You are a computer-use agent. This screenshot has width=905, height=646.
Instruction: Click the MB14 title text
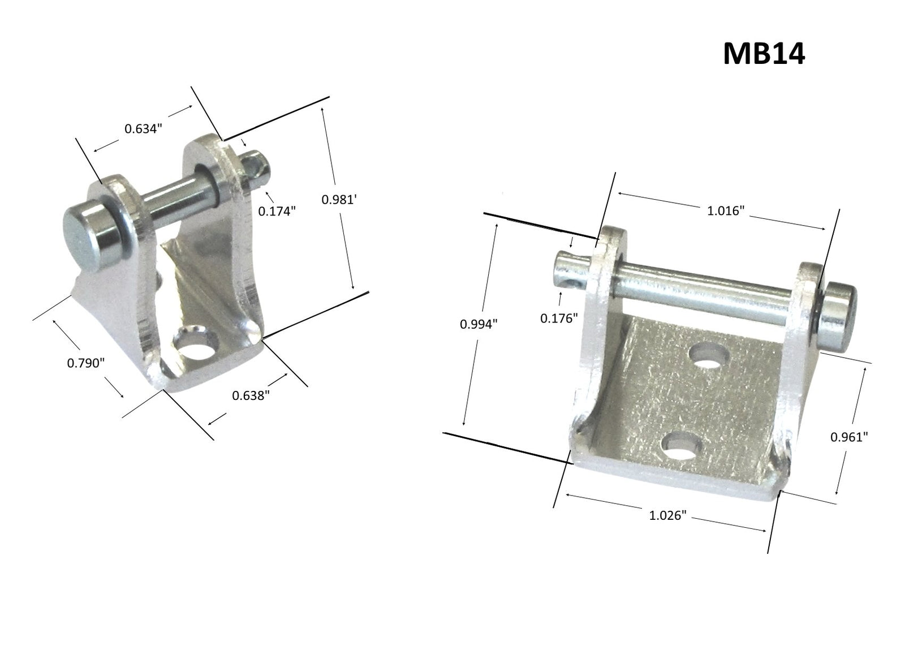coord(763,55)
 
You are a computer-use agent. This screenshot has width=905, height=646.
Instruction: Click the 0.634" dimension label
coord(143,128)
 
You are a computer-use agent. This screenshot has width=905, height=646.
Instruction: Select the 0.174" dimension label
coord(277,212)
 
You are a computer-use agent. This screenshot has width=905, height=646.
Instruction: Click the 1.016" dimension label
coord(725,211)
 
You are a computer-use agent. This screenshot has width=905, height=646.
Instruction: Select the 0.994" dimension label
coord(478,324)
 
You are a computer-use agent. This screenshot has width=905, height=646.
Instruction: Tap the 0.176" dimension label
coord(558,318)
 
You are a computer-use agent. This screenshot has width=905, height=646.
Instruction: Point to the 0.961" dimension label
coord(848,437)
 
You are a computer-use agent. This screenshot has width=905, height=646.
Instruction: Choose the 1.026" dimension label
coord(667,515)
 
